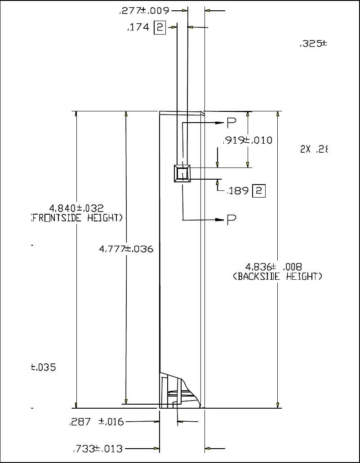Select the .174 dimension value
point(138,28)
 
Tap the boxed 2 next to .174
point(160,28)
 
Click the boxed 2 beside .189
point(259,191)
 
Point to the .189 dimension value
point(238,191)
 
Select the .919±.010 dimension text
point(247,140)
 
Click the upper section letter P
point(231,123)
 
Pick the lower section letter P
point(231,220)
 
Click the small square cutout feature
point(182,173)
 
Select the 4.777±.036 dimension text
point(126,249)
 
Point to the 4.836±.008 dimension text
point(277,267)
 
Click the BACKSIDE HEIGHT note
point(277,277)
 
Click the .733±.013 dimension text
point(98,449)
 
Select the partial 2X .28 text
point(313,150)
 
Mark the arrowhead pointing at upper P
point(219,123)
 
